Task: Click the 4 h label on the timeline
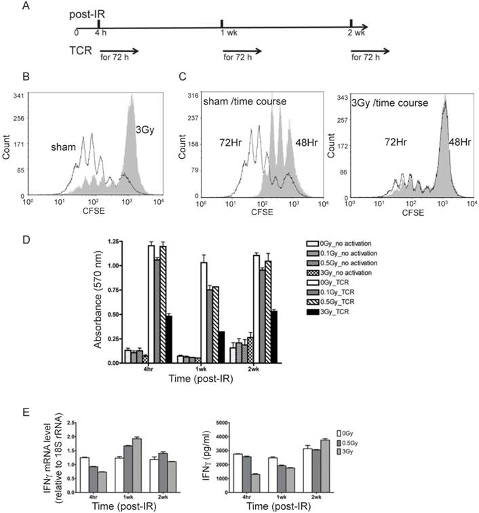coord(102,33)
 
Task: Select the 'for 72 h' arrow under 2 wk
coord(370,52)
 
